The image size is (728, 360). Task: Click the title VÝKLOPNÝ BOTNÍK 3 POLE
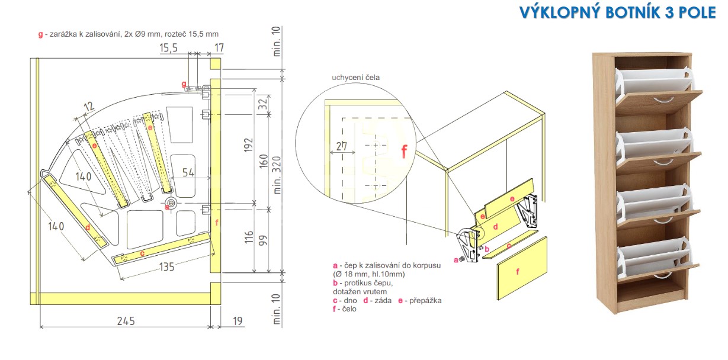(617, 12)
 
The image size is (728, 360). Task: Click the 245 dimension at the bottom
(126, 321)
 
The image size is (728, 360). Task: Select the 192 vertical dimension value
(248, 145)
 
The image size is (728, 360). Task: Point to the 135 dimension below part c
(166, 267)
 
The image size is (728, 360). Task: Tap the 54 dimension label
(188, 172)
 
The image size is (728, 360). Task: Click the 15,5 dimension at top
(168, 48)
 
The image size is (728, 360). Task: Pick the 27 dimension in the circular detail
(342, 146)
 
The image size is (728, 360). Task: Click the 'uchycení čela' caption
(355, 78)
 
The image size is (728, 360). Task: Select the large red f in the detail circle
(404, 152)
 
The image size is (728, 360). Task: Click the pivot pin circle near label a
(171, 203)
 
